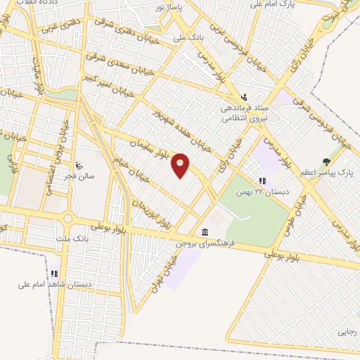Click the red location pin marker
(181, 165)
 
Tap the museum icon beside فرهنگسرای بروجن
(205, 233)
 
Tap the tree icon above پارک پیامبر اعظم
(326, 161)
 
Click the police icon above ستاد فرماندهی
(244, 96)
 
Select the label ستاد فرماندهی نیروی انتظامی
(241, 114)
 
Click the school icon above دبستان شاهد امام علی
(55, 274)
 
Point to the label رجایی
(347, 330)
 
